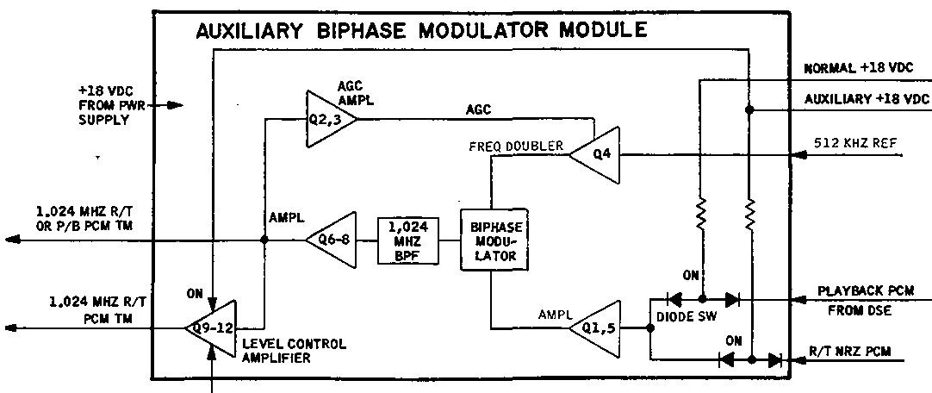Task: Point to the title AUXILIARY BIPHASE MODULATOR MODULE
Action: pos(421,31)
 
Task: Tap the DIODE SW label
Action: pos(685,317)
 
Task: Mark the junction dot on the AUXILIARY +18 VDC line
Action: pos(749,110)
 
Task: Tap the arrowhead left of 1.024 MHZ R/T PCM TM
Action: pos(10,327)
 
